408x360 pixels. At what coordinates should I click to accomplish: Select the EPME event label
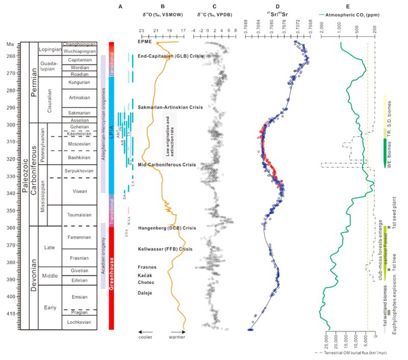pyautogui.click(x=145, y=42)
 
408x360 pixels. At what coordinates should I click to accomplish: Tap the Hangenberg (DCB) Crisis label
pyautogui.click(x=165, y=228)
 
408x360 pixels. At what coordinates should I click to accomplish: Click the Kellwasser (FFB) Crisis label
pyautogui.click(x=165, y=249)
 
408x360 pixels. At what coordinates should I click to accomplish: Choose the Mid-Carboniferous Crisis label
pyautogui.click(x=167, y=165)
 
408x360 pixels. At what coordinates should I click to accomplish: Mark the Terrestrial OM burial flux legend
pyautogui.click(x=356, y=352)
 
